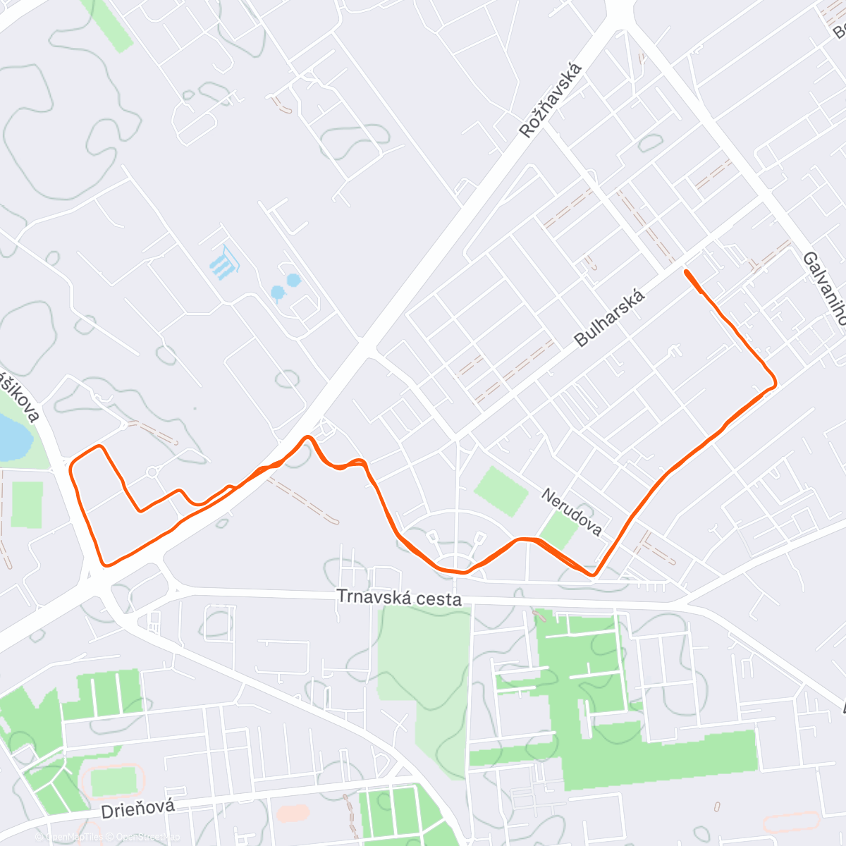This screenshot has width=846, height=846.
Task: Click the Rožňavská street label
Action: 551,100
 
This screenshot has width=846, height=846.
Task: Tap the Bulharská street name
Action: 610,319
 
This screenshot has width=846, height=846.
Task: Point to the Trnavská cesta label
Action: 399,598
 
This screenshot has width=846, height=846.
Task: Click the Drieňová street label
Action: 137,809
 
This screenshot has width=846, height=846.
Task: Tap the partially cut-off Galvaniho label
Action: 824,289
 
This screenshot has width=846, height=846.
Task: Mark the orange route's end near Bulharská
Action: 686,271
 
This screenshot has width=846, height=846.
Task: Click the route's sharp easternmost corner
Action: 775,383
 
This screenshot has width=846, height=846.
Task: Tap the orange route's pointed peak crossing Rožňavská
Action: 307,438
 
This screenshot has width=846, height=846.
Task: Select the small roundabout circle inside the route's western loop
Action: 152,472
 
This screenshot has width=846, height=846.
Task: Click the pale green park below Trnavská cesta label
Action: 423,670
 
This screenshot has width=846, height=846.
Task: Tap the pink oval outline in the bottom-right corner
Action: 791,821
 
